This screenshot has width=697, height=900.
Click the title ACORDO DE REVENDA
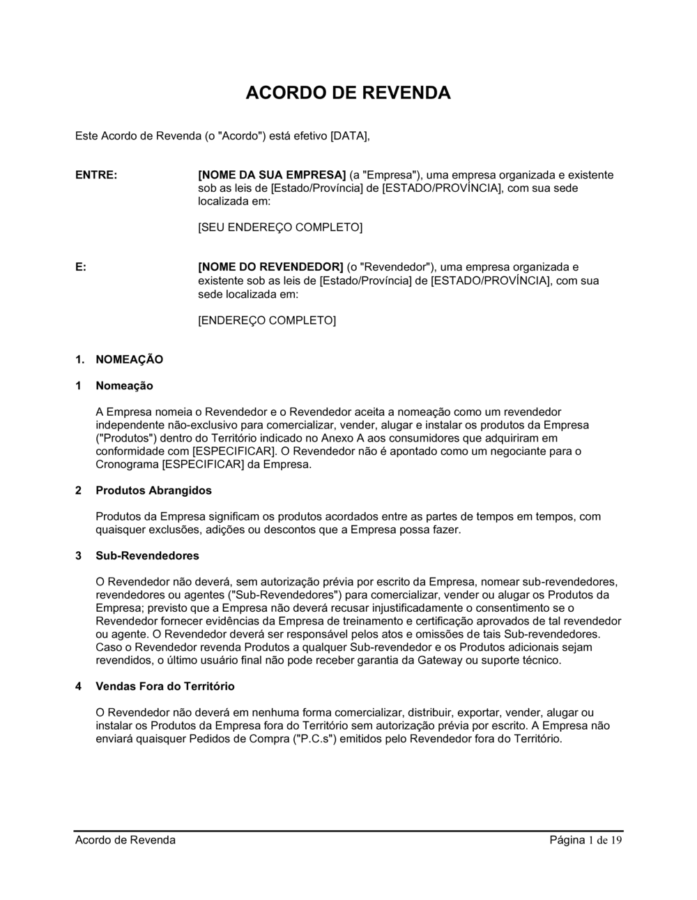348,93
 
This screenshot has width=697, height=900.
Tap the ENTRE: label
96,175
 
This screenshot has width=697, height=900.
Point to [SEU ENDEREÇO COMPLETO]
280,227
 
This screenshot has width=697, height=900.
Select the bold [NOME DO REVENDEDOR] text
271,267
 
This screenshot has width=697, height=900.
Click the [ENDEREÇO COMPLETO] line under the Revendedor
267,320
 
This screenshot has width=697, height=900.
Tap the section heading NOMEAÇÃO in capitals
129,359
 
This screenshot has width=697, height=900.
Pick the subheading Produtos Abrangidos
153,490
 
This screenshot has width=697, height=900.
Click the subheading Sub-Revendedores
147,556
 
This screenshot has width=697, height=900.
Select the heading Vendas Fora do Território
164,687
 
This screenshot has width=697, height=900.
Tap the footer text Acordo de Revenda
125,840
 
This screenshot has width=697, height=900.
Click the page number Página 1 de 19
585,840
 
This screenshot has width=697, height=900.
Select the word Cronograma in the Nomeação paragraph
127,464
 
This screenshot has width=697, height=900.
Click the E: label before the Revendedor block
81,267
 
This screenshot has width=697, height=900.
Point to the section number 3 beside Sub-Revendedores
79,556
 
